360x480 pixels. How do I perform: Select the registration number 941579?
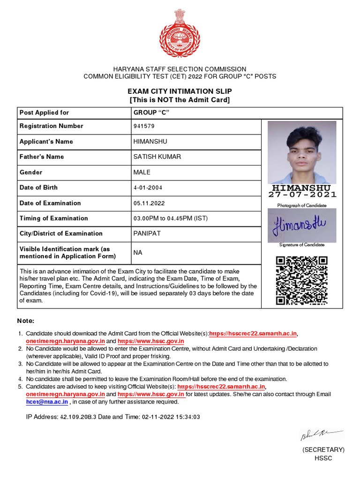[144, 126]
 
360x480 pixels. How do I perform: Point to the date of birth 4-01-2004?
[149, 187]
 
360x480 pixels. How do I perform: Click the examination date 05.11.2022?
[149, 203]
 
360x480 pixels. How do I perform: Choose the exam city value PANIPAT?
[147, 233]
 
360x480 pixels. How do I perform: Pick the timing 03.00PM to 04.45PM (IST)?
[171, 218]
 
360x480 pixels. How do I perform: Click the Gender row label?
[31, 172]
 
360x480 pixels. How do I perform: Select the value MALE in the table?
[142, 172]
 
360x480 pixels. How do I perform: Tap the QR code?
[301, 280]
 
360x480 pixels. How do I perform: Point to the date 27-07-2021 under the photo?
[302, 195]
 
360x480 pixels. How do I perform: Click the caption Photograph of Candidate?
[302, 205]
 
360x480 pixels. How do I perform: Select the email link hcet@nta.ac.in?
[47, 402]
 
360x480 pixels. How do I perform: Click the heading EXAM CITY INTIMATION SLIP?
[180, 91]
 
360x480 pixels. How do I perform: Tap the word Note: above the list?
[26, 321]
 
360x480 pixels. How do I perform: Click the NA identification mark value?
[138, 253]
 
